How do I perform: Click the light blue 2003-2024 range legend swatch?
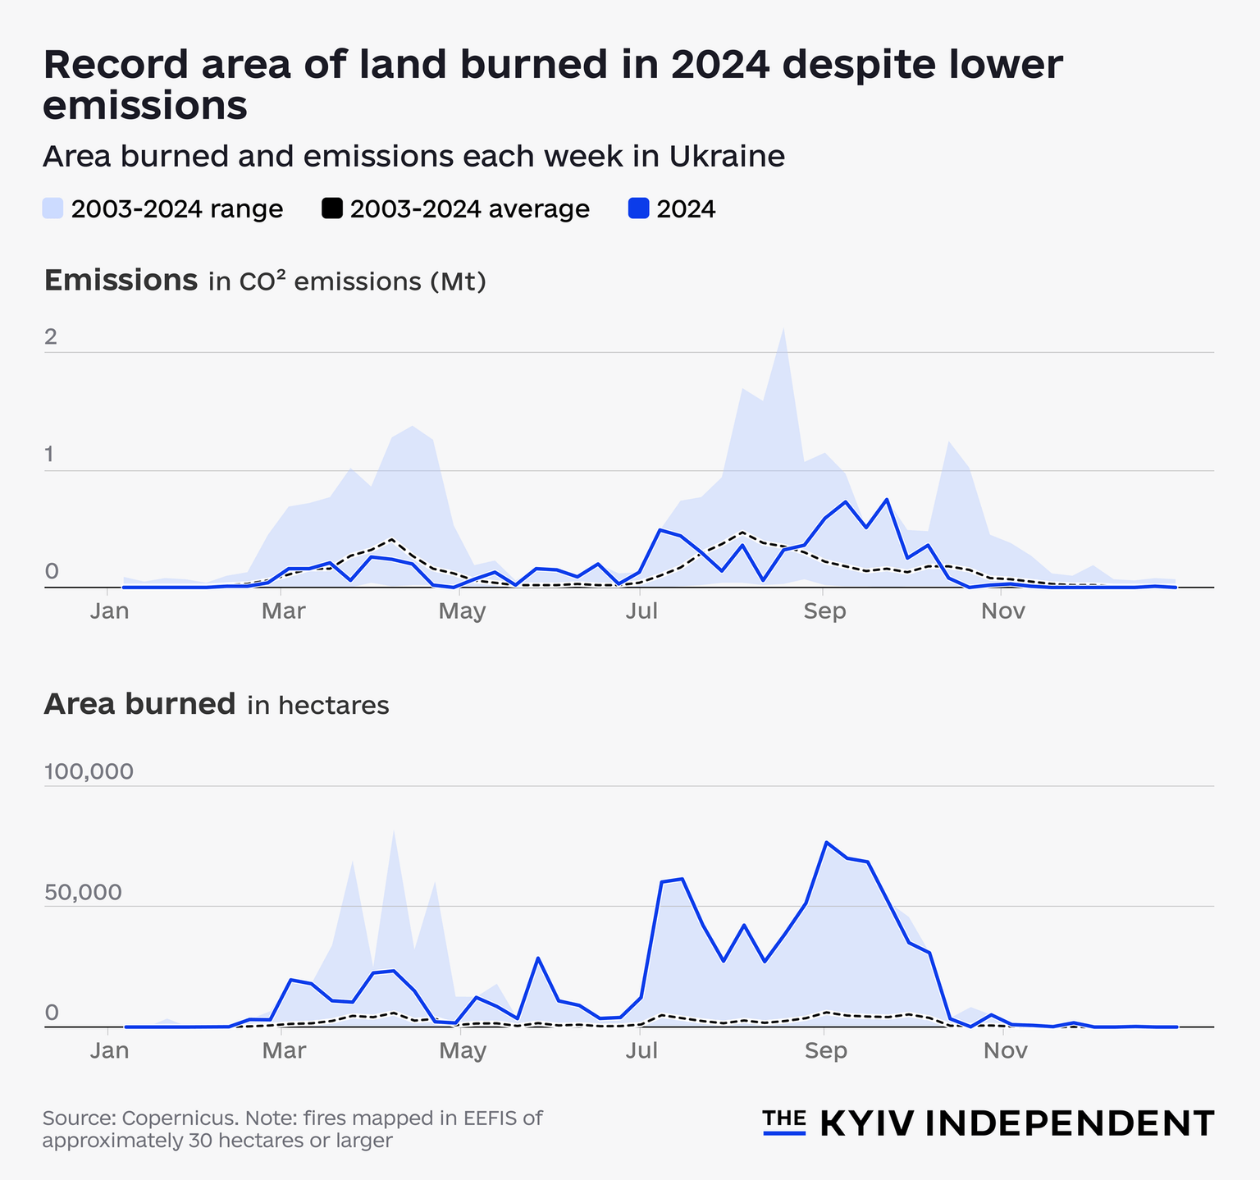tap(52, 208)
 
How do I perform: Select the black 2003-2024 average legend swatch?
tap(331, 208)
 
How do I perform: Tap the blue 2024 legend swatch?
tap(638, 208)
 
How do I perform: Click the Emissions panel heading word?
tap(121, 281)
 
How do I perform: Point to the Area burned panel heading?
tap(139, 704)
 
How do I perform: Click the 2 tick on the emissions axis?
tap(51, 337)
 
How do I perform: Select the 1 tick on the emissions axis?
tap(51, 455)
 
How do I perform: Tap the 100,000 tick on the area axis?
tap(88, 772)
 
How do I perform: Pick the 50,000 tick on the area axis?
tap(83, 892)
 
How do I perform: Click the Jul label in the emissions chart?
tap(641, 612)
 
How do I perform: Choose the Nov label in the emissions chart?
tap(1004, 612)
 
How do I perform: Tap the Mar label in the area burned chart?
tap(282, 1051)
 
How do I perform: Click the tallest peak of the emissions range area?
tap(783, 330)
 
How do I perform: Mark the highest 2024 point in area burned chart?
tap(826, 843)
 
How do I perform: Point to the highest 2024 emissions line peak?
tap(887, 499)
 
